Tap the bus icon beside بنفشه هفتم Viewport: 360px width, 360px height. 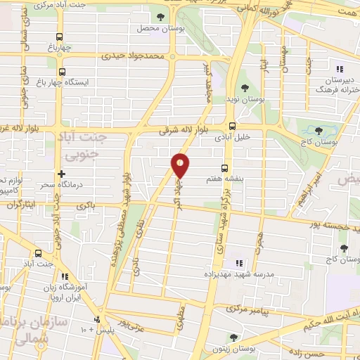(224, 168)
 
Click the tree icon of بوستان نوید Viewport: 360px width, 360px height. (244, 88)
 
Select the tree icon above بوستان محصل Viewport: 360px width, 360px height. (161, 15)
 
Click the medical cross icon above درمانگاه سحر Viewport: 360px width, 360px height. (61, 173)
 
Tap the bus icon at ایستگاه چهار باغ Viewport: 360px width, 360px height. (62, 72)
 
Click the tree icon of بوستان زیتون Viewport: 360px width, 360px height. (233, 337)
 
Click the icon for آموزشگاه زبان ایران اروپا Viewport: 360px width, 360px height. (65, 278)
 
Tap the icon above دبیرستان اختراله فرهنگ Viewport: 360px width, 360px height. (339, 70)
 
